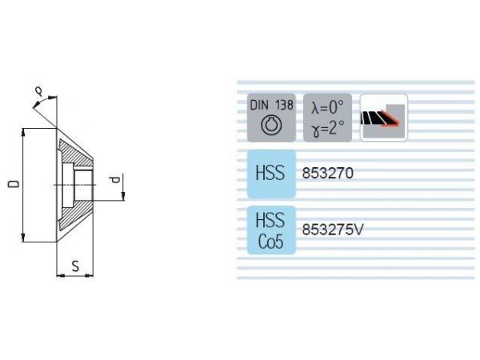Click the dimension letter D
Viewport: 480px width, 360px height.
14,184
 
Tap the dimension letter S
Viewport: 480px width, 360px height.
75,266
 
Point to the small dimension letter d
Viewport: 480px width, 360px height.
114,180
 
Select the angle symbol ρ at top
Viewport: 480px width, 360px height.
39,91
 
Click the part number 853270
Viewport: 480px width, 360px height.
327,174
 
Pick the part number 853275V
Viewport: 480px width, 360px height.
333,230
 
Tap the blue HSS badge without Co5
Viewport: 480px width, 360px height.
271,174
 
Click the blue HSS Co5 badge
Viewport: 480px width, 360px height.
271,230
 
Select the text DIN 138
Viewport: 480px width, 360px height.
271,106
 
